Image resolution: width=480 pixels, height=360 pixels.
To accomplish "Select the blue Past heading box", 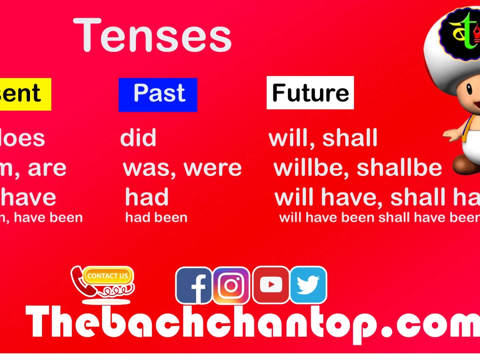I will [158, 94].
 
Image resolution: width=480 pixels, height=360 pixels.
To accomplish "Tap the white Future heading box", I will [310, 93].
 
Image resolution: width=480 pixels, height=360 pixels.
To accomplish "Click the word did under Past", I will [138, 138].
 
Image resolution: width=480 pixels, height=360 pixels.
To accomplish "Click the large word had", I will [147, 197].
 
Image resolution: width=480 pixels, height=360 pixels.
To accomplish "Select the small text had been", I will [156, 218].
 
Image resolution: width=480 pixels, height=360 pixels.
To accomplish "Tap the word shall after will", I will [350, 138].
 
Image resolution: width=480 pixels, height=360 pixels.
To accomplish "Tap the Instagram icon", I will [231, 285].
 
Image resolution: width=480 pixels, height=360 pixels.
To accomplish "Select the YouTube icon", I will [271, 285].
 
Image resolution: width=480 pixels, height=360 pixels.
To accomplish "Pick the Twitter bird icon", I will [308, 285].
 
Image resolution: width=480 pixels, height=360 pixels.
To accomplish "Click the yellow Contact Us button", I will [108, 276].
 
